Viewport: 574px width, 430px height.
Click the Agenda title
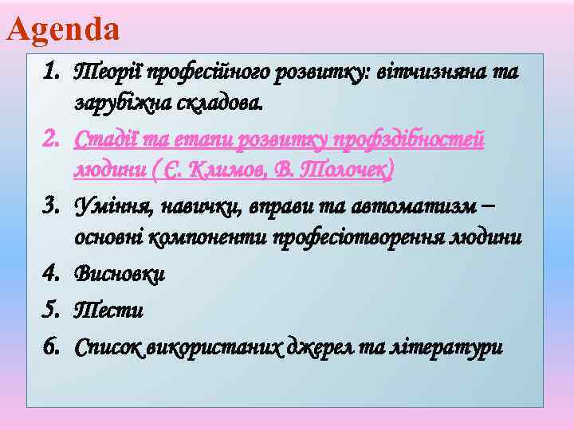(x=63, y=29)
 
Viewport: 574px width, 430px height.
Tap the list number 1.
(x=53, y=72)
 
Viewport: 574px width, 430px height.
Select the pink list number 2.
(x=53, y=140)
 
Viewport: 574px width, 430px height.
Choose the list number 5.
(x=53, y=311)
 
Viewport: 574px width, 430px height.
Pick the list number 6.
(x=53, y=347)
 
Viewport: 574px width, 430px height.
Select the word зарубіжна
(x=120, y=103)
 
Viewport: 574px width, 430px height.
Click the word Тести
(x=108, y=311)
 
